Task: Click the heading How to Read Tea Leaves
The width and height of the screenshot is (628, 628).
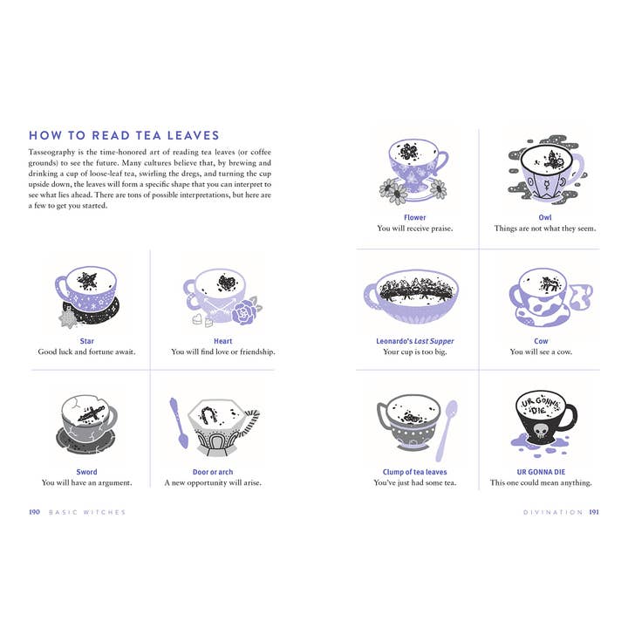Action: click(x=124, y=135)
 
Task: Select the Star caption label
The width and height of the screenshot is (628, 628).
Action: click(x=86, y=341)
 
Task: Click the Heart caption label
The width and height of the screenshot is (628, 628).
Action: click(x=222, y=341)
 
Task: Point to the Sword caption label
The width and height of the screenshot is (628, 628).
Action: click(x=86, y=472)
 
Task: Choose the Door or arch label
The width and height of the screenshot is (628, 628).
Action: click(x=213, y=472)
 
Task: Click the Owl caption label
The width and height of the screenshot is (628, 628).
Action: click(x=544, y=217)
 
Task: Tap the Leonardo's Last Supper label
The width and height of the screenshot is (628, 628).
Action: click(x=415, y=341)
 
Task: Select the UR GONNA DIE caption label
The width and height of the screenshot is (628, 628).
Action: click(x=541, y=472)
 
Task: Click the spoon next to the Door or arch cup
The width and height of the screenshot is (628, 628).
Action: click(x=178, y=422)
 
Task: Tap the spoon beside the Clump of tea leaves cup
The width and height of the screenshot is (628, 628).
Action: click(x=446, y=431)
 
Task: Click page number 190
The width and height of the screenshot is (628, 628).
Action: click(x=34, y=512)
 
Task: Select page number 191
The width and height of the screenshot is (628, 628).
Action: click(x=594, y=512)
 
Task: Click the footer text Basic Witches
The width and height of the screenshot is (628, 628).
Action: click(x=87, y=512)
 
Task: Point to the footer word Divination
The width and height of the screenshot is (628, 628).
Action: click(x=553, y=512)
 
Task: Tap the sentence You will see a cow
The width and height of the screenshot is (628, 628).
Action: click(x=541, y=352)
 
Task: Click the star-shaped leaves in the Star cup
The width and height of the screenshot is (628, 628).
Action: click(x=87, y=280)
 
